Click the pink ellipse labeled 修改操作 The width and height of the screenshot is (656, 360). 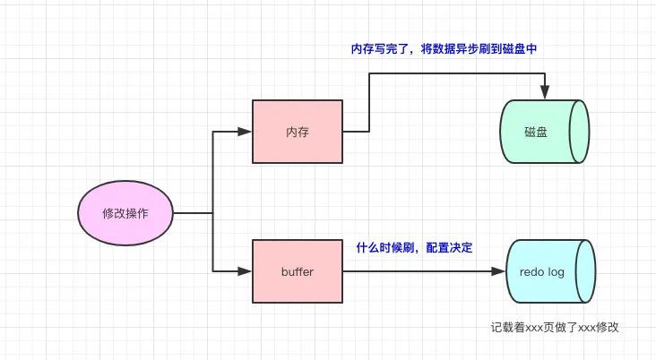(x=125, y=213)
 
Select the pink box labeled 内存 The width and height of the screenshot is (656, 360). (x=298, y=132)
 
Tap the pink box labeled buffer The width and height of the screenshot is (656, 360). (x=298, y=271)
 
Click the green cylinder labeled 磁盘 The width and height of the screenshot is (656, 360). (x=544, y=132)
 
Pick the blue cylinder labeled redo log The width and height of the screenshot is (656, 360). (x=550, y=271)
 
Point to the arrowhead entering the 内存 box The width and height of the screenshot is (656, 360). (x=245, y=132)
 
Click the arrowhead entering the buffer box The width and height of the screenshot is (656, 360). (x=245, y=271)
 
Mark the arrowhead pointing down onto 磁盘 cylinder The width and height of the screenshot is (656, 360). (x=545, y=92)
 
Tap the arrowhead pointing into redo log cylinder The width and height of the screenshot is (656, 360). (x=498, y=271)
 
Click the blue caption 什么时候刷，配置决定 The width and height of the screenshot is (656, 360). (x=414, y=247)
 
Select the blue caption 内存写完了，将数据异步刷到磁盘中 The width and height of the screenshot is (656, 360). (x=444, y=49)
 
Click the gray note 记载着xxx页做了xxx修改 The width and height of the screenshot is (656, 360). (x=555, y=327)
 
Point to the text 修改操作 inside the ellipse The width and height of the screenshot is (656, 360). (x=125, y=213)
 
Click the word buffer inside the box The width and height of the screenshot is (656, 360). (x=298, y=271)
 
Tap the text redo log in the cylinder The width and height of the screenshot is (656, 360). (x=542, y=272)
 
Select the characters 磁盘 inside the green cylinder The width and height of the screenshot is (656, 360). (x=536, y=133)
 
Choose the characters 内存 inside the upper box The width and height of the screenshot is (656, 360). (x=298, y=133)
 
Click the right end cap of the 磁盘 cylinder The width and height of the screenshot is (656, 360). (x=580, y=132)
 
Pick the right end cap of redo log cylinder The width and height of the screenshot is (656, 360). (x=586, y=271)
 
